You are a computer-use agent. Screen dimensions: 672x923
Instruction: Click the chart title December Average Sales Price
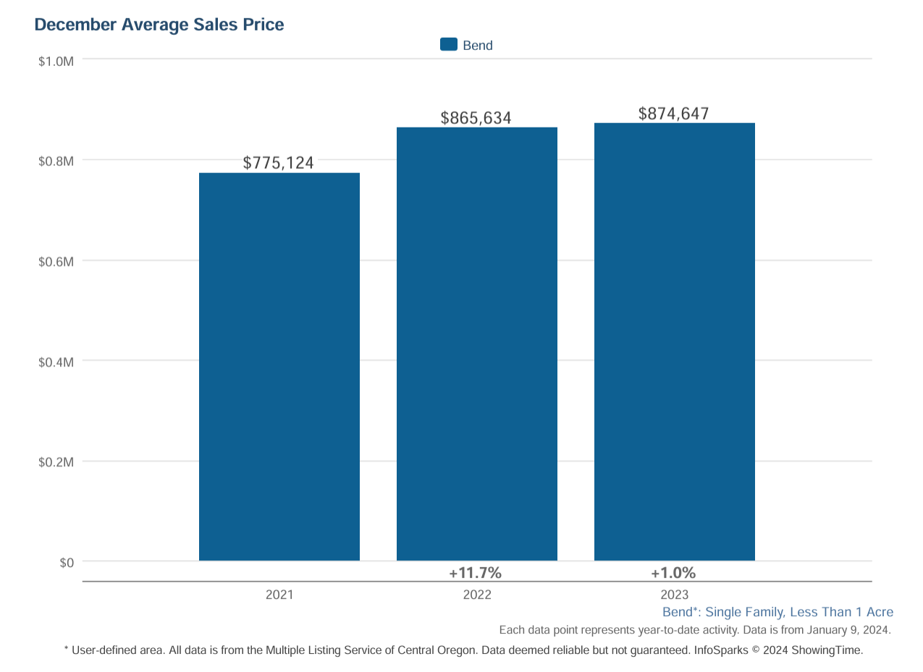[x=159, y=25]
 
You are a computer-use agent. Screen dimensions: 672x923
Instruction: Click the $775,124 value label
[x=279, y=163]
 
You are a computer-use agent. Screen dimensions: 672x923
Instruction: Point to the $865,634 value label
[x=476, y=118]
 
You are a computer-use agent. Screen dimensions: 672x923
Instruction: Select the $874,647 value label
[x=674, y=114]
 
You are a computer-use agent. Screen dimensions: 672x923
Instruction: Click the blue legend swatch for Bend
[x=449, y=45]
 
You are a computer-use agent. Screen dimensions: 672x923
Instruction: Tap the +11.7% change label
[x=476, y=573]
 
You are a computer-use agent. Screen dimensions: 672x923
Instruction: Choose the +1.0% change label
[x=673, y=573]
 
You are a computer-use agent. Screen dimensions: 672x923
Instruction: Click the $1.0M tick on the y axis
[x=56, y=61]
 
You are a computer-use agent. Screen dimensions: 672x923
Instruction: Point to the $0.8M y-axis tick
[x=56, y=161]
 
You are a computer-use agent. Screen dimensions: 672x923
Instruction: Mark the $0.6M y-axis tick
[x=56, y=261]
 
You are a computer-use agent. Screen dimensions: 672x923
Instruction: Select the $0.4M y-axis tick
[x=56, y=362]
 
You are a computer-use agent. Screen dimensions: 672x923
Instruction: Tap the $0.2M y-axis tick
[x=56, y=462]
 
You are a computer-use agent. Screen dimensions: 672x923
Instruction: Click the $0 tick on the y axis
[x=67, y=563]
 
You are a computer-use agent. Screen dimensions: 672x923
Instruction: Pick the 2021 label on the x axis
[x=279, y=595]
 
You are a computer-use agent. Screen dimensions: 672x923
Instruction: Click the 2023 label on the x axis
[x=675, y=595]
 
